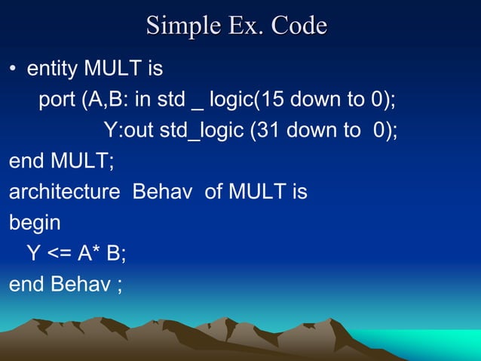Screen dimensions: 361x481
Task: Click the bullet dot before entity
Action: click(x=13, y=71)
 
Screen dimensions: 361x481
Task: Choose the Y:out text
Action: click(x=129, y=131)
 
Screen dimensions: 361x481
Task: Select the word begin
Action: click(x=35, y=224)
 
